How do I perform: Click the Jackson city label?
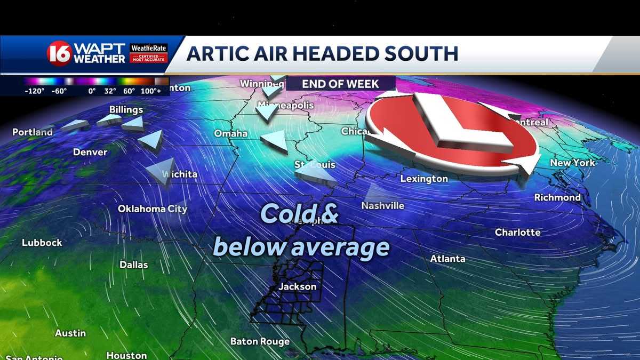coord(298,287)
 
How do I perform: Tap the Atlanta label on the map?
coord(448,259)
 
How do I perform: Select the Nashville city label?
coord(382,205)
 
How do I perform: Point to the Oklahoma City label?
coord(153,209)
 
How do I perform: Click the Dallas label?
coord(134,265)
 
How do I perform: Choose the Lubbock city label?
coord(42,243)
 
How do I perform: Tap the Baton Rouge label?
coord(260,341)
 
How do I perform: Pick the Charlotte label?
coord(517,233)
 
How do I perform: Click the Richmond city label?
coord(557,197)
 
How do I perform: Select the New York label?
coord(572,163)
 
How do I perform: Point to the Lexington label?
coord(424,179)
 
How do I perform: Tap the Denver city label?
coord(90,153)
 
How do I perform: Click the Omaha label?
coord(231,133)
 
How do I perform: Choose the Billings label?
coord(126,110)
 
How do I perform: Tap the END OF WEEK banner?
coord(340,84)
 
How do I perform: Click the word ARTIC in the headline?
coord(218,53)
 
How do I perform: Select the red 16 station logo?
coord(59,53)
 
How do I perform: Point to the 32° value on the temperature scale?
coord(110,91)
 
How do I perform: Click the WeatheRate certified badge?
coord(149,53)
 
